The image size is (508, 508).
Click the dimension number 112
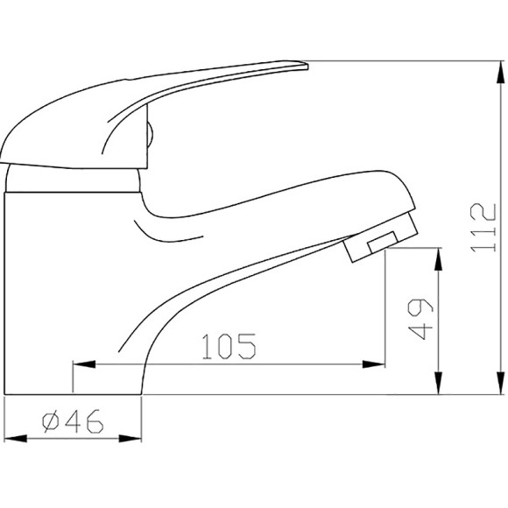point(483,228)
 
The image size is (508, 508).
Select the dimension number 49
point(420,319)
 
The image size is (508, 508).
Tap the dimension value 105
point(229,346)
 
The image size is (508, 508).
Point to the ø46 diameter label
point(73,421)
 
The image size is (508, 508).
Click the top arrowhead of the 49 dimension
point(438,259)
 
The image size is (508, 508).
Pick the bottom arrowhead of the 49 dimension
point(438,384)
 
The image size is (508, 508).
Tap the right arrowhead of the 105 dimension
point(373,364)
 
